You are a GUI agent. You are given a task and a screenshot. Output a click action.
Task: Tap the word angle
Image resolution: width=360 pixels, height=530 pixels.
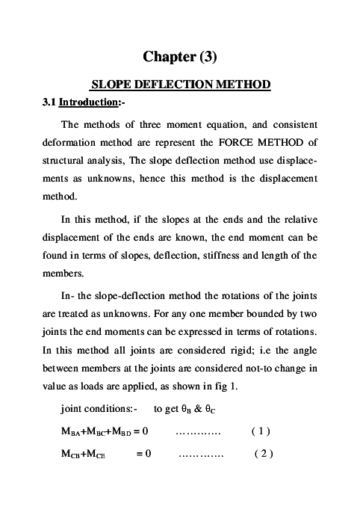click(x=303, y=351)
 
